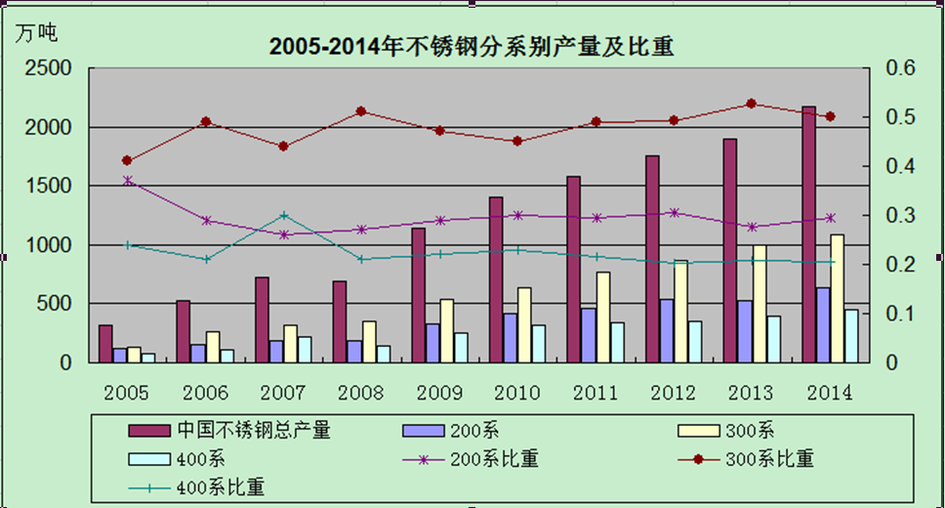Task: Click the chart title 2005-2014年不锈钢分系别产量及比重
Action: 472,47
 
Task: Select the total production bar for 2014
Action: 809,234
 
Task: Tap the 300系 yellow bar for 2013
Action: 759,303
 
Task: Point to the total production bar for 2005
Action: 105,343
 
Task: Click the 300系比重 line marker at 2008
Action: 361,111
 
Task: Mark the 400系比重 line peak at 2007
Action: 283,215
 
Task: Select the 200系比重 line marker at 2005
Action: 127,181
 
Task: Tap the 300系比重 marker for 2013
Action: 751,104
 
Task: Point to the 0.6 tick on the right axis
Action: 899,68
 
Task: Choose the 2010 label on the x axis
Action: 517,393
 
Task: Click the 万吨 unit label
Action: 36,32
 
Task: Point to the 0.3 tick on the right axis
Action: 899,215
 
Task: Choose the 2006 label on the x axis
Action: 205,393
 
